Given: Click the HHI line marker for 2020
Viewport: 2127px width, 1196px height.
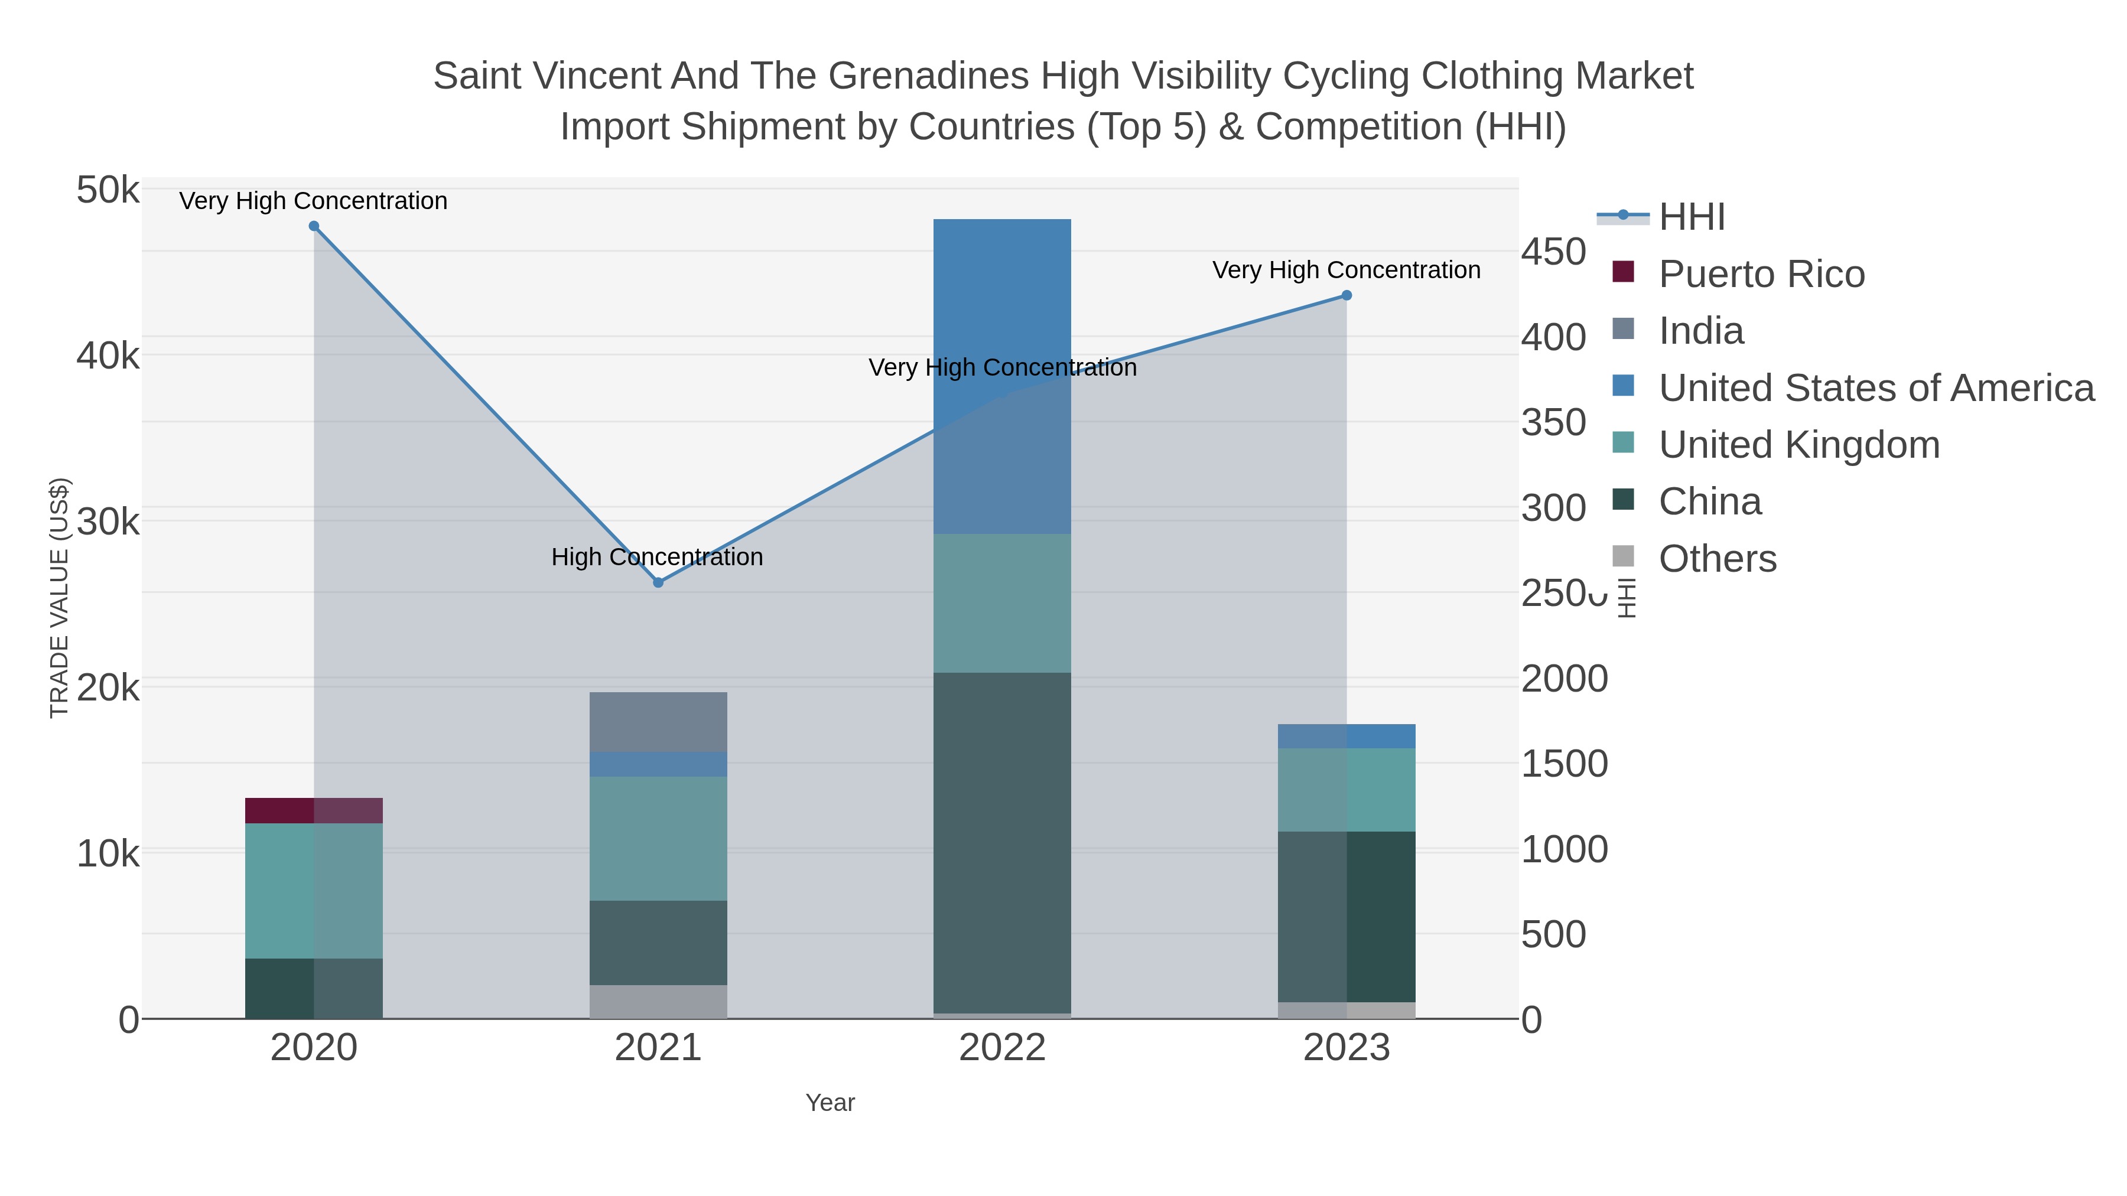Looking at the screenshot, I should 314,226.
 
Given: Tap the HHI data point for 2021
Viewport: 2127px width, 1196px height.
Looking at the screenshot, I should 658,583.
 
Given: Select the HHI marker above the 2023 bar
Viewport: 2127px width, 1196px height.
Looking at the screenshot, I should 1346,295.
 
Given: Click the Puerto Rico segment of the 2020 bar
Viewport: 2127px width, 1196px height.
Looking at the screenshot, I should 314,810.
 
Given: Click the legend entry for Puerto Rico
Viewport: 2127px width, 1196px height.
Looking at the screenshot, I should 1761,274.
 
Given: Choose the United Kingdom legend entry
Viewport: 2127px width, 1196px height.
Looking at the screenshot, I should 1798,445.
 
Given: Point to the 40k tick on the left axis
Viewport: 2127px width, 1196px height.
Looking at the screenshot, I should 108,357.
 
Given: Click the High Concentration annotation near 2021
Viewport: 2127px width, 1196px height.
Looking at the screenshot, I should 657,557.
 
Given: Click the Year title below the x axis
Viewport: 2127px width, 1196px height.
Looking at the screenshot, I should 830,1103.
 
